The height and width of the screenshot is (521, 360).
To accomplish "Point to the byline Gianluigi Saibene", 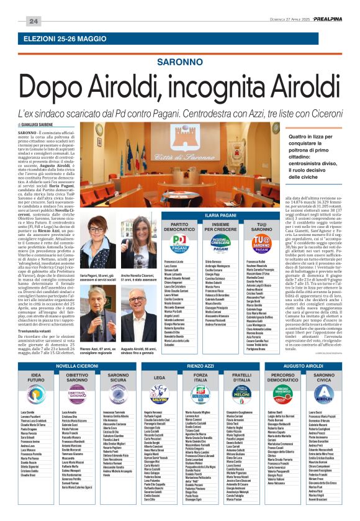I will pyautogui.click(x=39, y=125).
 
